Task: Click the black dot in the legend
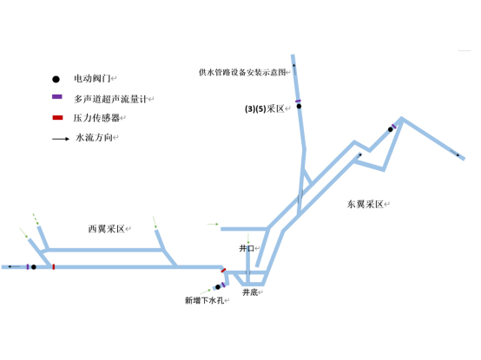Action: point(56,79)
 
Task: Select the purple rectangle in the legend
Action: point(57,97)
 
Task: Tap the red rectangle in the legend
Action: point(57,118)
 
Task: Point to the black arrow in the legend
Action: point(61,139)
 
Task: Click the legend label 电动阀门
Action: point(92,78)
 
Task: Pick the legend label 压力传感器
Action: point(96,118)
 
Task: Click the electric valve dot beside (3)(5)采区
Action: point(299,107)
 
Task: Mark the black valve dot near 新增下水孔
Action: point(218,287)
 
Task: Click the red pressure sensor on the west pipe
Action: point(54,267)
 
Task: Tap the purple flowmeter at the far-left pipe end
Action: point(28,267)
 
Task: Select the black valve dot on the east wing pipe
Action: point(390,129)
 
